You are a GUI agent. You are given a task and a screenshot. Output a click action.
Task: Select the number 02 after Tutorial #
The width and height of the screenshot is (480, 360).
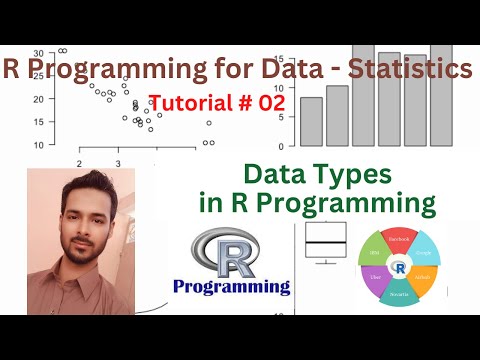click(x=270, y=103)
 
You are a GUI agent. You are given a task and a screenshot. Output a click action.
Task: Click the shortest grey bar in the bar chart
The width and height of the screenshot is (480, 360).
click(x=311, y=121)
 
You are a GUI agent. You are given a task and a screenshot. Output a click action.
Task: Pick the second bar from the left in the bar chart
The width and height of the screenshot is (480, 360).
click(x=337, y=115)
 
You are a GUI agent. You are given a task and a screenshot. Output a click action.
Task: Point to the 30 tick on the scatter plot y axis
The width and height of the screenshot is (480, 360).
click(x=37, y=53)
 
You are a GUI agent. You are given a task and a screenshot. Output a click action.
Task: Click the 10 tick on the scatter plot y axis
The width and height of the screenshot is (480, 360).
click(x=37, y=144)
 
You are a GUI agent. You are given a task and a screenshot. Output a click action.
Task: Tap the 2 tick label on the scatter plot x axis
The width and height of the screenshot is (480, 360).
click(x=78, y=162)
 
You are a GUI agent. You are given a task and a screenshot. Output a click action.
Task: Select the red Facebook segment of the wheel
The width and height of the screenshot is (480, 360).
click(x=399, y=240)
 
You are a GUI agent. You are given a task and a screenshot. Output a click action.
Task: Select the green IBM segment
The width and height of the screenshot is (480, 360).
click(x=371, y=252)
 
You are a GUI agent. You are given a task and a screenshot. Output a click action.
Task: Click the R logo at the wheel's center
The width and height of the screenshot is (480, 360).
click(x=400, y=268)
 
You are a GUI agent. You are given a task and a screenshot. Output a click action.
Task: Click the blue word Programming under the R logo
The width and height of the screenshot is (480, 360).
click(x=231, y=287)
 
